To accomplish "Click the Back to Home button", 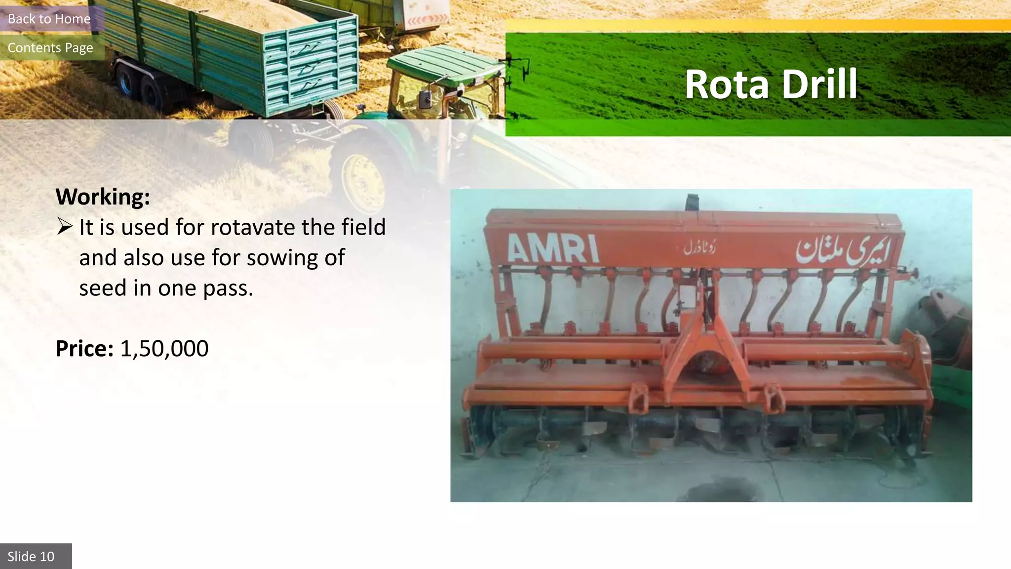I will [x=49, y=19].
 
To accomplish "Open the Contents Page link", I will [x=50, y=47].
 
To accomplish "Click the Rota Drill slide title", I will [x=771, y=84].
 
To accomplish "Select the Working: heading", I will [x=103, y=197].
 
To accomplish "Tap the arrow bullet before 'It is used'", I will [x=65, y=227].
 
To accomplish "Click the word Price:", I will [x=84, y=348].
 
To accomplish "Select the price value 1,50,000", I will [x=164, y=348].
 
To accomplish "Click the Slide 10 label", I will [x=31, y=557].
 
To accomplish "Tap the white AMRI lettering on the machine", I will [x=553, y=248].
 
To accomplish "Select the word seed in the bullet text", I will [x=102, y=288].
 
